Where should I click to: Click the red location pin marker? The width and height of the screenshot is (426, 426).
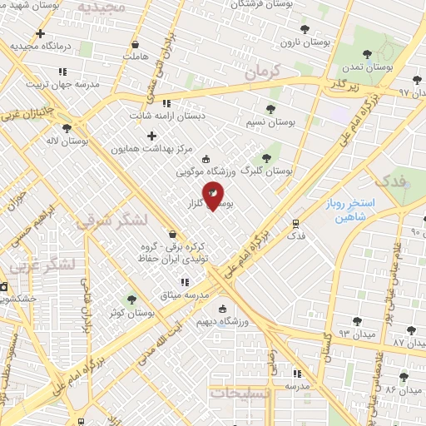213,196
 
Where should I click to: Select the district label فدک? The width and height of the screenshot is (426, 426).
389,180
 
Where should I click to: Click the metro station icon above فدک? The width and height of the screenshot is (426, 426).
295,223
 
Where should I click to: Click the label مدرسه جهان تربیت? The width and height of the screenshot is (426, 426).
63,85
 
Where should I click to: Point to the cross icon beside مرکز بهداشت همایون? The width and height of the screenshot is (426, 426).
151,136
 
